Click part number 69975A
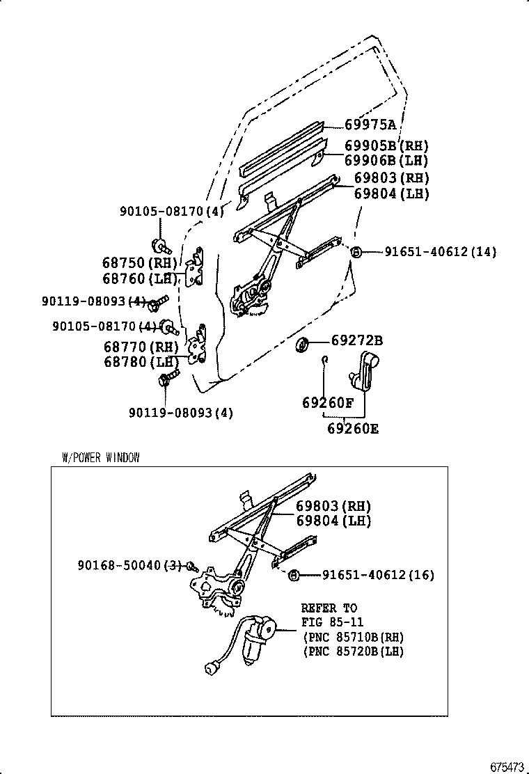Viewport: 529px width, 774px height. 370,125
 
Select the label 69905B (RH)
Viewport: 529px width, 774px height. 386,145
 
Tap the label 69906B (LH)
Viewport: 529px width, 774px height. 386,161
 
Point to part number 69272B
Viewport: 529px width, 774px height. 356,341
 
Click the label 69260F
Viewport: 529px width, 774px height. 327,403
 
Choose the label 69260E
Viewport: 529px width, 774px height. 353,429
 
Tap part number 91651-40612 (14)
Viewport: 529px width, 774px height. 440,252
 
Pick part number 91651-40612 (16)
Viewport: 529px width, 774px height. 377,575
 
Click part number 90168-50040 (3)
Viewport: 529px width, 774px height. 129,566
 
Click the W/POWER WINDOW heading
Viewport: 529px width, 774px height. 101,457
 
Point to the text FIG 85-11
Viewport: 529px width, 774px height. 332,622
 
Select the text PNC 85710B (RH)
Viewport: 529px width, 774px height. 353,636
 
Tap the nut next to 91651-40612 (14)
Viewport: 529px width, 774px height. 355,252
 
